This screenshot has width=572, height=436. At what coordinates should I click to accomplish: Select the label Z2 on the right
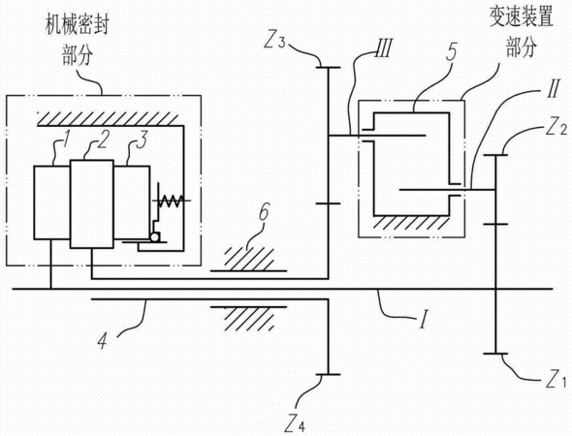[x=556, y=127]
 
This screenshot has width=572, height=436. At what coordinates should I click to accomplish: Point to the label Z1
[x=556, y=379]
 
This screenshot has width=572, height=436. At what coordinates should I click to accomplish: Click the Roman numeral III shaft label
[x=383, y=48]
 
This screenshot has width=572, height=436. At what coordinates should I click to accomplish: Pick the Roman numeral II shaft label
[x=553, y=88]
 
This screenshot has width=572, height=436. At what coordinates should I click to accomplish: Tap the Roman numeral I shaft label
[x=423, y=320]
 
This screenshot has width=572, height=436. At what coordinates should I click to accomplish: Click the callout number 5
[x=452, y=51]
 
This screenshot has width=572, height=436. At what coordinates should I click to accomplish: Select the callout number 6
[x=264, y=212]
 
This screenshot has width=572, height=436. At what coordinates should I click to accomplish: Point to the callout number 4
[x=103, y=341]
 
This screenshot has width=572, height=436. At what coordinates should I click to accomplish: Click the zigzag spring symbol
[x=171, y=201]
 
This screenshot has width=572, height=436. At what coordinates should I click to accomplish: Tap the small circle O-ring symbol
[x=154, y=237]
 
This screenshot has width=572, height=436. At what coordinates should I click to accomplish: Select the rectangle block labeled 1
[x=52, y=202]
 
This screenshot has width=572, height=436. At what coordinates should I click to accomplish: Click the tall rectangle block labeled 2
[x=91, y=203]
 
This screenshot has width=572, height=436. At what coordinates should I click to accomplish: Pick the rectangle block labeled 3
[x=131, y=202]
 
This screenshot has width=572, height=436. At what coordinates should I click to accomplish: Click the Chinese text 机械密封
[x=77, y=25]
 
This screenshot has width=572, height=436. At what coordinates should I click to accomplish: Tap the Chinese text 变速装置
[x=522, y=17]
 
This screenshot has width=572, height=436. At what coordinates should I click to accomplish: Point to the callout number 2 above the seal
[x=103, y=140]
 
